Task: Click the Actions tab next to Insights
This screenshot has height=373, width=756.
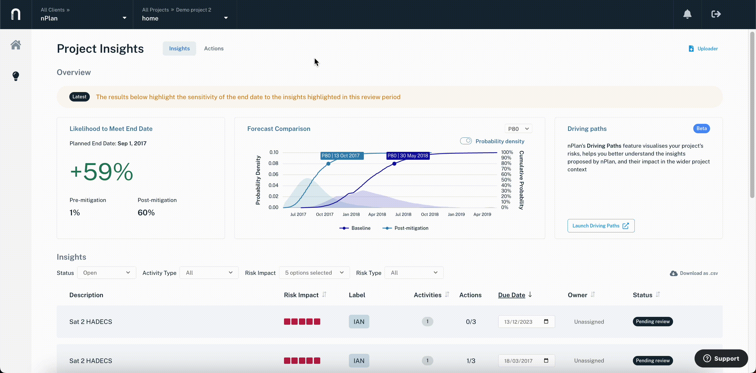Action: tap(214, 48)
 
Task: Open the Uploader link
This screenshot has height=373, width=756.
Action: tap(703, 49)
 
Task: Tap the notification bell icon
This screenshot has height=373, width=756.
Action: tap(687, 14)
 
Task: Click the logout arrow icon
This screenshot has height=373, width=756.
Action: tap(716, 14)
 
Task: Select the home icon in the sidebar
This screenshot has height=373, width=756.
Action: tap(16, 45)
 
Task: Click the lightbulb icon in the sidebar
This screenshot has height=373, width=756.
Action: tap(16, 76)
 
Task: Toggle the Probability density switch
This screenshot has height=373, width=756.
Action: tap(466, 141)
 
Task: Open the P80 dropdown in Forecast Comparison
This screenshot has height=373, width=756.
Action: tap(518, 129)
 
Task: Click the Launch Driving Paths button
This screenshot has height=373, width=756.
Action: tap(601, 226)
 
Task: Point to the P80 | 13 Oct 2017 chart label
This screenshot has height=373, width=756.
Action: tap(340, 156)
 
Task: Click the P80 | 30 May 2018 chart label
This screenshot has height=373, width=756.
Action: tap(408, 156)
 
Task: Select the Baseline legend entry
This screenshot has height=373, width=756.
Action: tap(355, 228)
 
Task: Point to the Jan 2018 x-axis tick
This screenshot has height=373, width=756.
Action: tap(351, 214)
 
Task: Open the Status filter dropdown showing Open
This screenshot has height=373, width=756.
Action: tap(107, 273)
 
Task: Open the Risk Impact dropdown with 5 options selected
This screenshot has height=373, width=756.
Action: tap(314, 273)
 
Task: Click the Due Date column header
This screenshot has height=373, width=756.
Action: tap(512, 295)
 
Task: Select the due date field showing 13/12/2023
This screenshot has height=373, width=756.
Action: tap(527, 322)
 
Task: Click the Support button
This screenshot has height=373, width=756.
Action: tap(721, 358)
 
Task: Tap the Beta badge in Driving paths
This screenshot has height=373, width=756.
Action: tap(701, 129)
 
